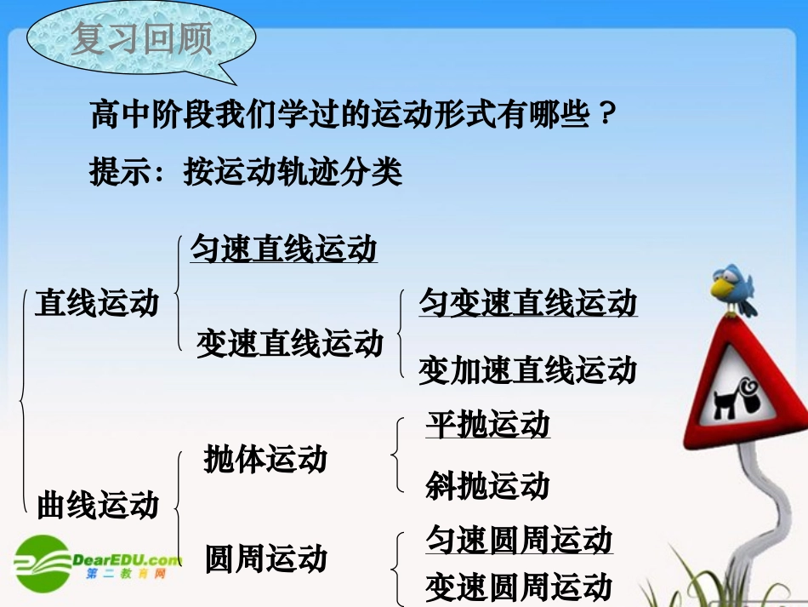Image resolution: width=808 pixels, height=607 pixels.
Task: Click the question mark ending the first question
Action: point(603,115)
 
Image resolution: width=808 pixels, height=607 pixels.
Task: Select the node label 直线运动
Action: point(97,303)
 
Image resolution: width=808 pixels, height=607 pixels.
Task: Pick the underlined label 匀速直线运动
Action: point(283,249)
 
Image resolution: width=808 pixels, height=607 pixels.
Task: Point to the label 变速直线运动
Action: point(290,343)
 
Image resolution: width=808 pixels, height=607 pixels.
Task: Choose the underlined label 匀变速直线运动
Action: point(527,303)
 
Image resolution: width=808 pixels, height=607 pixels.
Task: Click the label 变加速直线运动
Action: point(527,370)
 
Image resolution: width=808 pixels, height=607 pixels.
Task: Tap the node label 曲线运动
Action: point(98,504)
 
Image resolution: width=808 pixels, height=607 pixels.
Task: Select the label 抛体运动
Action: point(265,460)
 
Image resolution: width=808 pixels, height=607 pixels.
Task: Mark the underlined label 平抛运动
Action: point(488,424)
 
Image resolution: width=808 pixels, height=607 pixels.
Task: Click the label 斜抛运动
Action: point(488,485)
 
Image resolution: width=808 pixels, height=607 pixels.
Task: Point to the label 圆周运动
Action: point(265,559)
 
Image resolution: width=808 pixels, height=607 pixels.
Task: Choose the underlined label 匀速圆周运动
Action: point(519,540)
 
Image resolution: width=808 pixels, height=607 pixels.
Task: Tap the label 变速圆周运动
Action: point(519,587)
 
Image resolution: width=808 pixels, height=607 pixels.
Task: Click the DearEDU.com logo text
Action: point(128,559)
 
